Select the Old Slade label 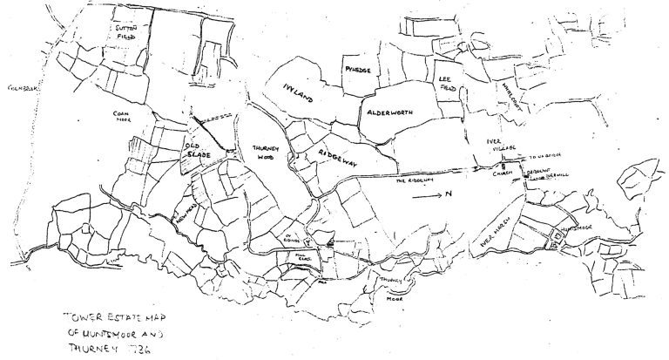point(196,149)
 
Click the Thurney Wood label point(265,153)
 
